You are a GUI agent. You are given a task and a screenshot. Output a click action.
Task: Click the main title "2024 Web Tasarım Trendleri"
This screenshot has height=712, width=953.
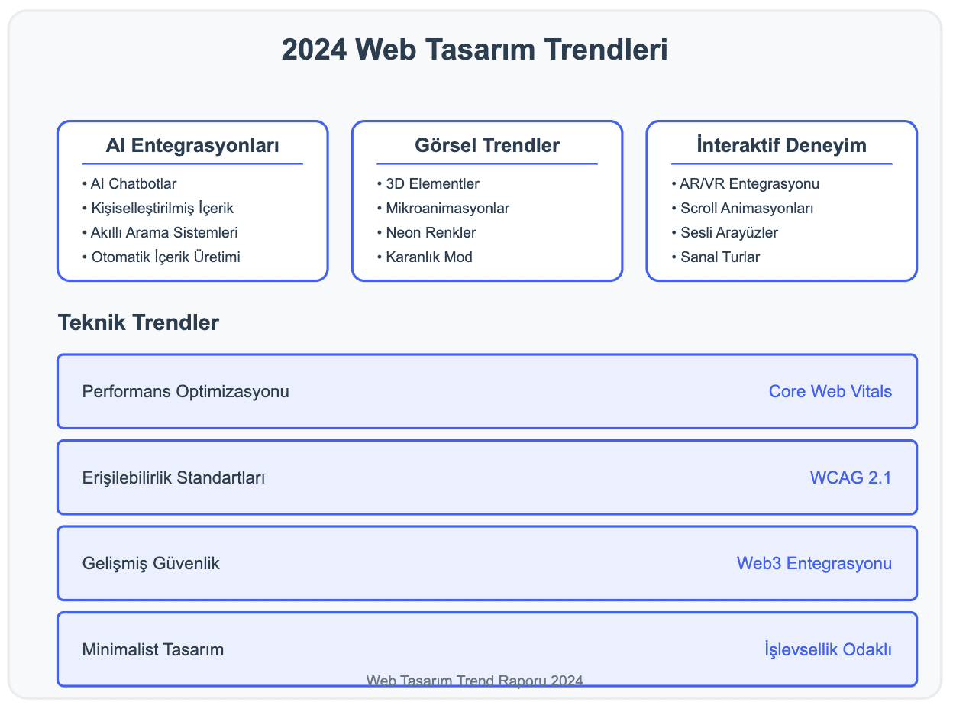pyautogui.click(x=475, y=50)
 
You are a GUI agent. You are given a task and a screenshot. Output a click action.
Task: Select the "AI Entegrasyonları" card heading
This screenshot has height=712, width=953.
pyautogui.click(x=192, y=145)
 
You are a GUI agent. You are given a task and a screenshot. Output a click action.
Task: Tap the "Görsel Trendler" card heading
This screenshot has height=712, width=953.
pyautogui.click(x=486, y=145)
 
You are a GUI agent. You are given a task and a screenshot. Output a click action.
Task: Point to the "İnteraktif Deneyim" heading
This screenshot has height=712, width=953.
pyautogui.click(x=781, y=145)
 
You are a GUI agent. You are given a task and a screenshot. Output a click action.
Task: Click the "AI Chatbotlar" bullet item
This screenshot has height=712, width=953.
pyautogui.click(x=129, y=184)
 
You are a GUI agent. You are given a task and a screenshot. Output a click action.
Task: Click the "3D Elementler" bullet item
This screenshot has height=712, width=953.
pyautogui.click(x=428, y=184)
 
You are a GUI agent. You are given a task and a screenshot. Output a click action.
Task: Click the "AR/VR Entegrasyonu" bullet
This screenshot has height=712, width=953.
pyautogui.click(x=745, y=184)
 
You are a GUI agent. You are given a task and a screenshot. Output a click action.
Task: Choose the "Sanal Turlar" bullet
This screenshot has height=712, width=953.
pyautogui.click(x=716, y=257)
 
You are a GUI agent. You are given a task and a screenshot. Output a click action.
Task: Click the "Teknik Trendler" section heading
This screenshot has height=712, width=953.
pyautogui.click(x=138, y=323)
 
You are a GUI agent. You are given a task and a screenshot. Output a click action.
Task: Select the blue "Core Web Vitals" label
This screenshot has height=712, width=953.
pyautogui.click(x=830, y=392)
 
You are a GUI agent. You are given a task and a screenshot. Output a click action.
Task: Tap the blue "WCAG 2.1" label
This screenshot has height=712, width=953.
pyautogui.click(x=851, y=478)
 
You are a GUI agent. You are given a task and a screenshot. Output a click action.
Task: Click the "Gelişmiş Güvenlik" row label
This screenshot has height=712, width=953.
pyautogui.click(x=151, y=564)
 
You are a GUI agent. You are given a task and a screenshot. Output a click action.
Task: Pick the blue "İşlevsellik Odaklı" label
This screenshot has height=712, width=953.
pyautogui.click(x=828, y=650)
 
